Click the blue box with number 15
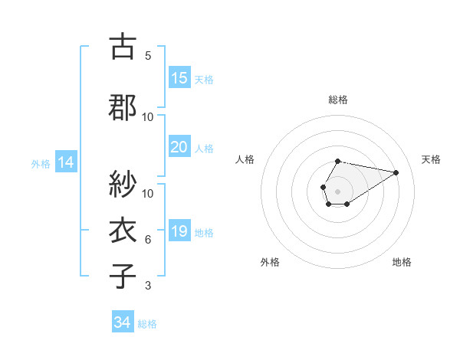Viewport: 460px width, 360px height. [179, 78]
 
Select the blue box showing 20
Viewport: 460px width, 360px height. [179, 147]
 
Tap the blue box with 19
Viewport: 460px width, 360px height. [179, 231]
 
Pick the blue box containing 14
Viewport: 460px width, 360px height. [66, 162]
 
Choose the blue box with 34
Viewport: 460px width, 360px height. [123, 322]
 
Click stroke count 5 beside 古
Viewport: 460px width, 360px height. [148, 56]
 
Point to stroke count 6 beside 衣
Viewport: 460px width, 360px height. [148, 240]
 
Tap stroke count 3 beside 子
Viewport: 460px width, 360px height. [148, 286]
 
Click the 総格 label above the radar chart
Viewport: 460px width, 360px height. [338, 100]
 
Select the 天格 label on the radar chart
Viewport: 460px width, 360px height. [431, 159]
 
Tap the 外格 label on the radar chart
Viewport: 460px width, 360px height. [270, 262]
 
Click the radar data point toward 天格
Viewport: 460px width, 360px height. [396, 172]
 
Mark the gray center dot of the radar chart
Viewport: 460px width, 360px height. [338, 190]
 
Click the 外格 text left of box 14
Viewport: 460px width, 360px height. [41, 163]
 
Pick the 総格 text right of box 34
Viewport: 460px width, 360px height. [147, 323]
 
